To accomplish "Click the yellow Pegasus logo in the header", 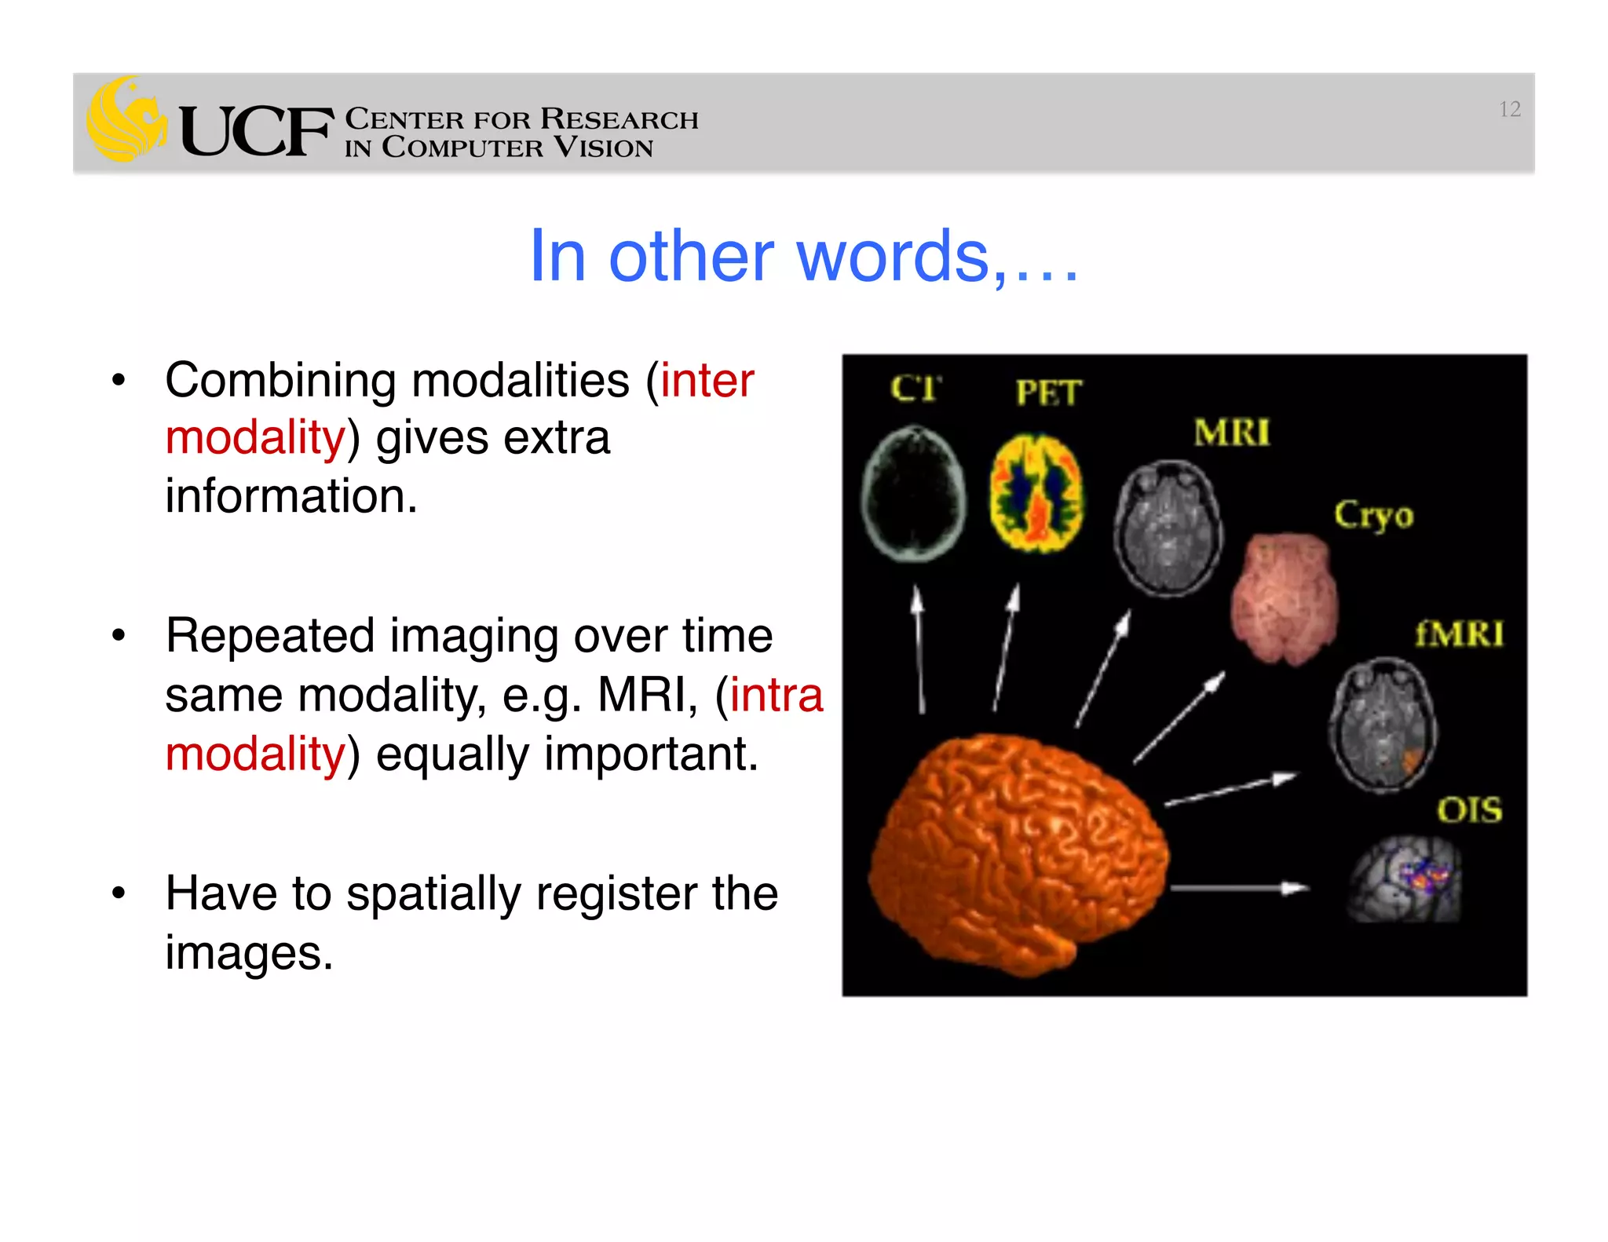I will (x=126, y=120).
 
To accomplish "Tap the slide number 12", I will (x=1509, y=109).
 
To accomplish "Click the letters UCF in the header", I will (x=256, y=132).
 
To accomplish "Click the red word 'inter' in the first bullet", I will (x=707, y=381).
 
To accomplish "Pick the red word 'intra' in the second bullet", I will (x=777, y=695).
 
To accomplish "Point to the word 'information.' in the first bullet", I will (x=291, y=496).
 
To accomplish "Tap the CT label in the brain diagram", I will (x=915, y=388).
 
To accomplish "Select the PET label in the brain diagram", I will (x=1048, y=392).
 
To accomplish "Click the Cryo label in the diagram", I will (x=1373, y=515).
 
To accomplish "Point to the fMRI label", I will (x=1459, y=634).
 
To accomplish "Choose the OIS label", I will (x=1469, y=809).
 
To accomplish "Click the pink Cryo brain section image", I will (x=1284, y=598).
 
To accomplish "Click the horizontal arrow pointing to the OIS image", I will (x=1239, y=888).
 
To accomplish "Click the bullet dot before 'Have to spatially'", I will (x=119, y=893).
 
